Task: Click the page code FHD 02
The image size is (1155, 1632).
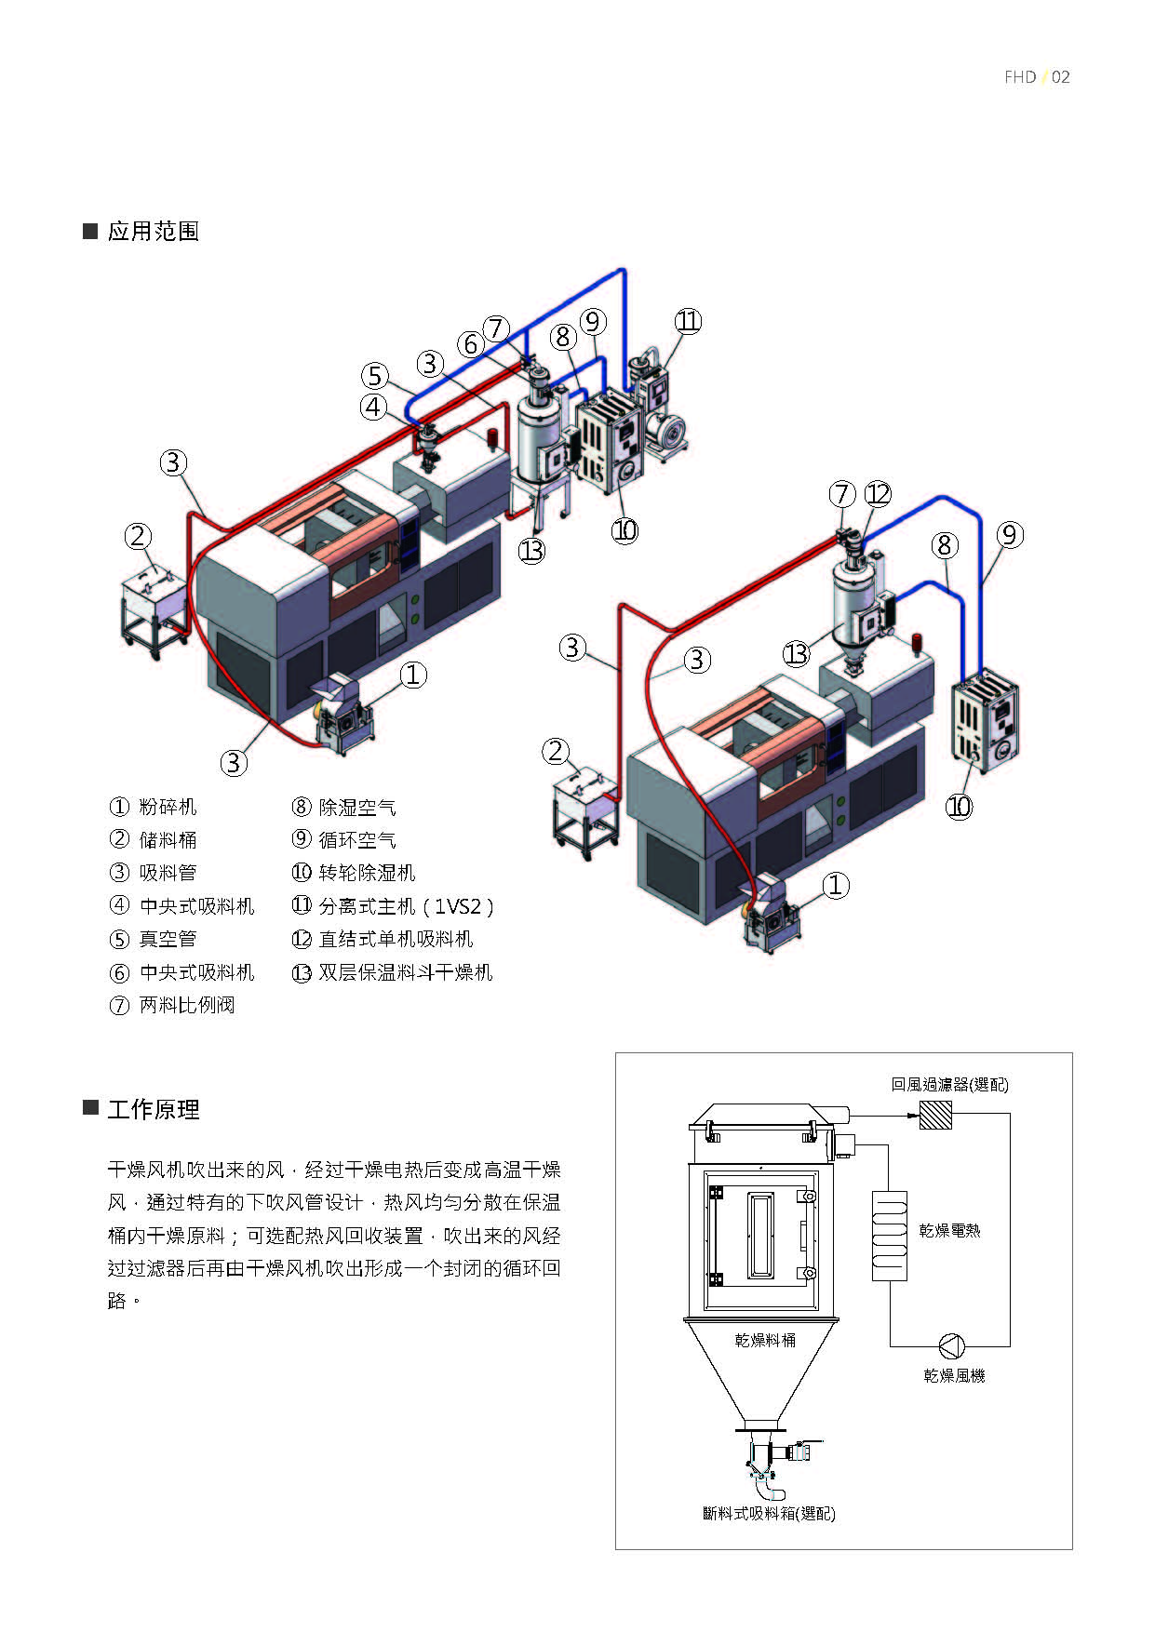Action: [x=1037, y=77]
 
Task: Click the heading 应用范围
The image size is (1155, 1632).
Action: [x=153, y=231]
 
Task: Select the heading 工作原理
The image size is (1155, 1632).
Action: [x=153, y=1109]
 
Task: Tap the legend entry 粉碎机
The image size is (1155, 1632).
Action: [x=168, y=807]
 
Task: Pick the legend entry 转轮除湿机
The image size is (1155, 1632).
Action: [x=367, y=873]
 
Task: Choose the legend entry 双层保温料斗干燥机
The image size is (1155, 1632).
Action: [x=405, y=972]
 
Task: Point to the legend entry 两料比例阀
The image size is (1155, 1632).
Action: [x=186, y=1005]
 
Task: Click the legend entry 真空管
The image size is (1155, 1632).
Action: [x=168, y=939]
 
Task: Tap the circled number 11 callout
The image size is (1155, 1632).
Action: [x=688, y=321]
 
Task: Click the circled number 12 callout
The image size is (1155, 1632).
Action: [x=878, y=493]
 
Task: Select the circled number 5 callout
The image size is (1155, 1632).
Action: [x=375, y=376]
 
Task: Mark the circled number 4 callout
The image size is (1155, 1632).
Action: [x=374, y=407]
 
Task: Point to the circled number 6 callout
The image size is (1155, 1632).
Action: [x=471, y=344]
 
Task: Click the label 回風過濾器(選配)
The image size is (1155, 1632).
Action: [x=949, y=1084]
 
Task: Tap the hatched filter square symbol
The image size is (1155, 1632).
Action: [x=935, y=1115]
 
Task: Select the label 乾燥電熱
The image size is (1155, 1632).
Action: [x=949, y=1230]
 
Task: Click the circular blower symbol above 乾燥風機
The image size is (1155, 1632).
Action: [x=951, y=1345]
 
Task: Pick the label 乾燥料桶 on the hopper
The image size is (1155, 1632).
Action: [x=765, y=1340]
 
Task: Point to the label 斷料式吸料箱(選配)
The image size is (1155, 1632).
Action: [x=769, y=1514]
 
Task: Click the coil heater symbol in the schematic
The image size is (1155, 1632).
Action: [x=890, y=1236]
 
